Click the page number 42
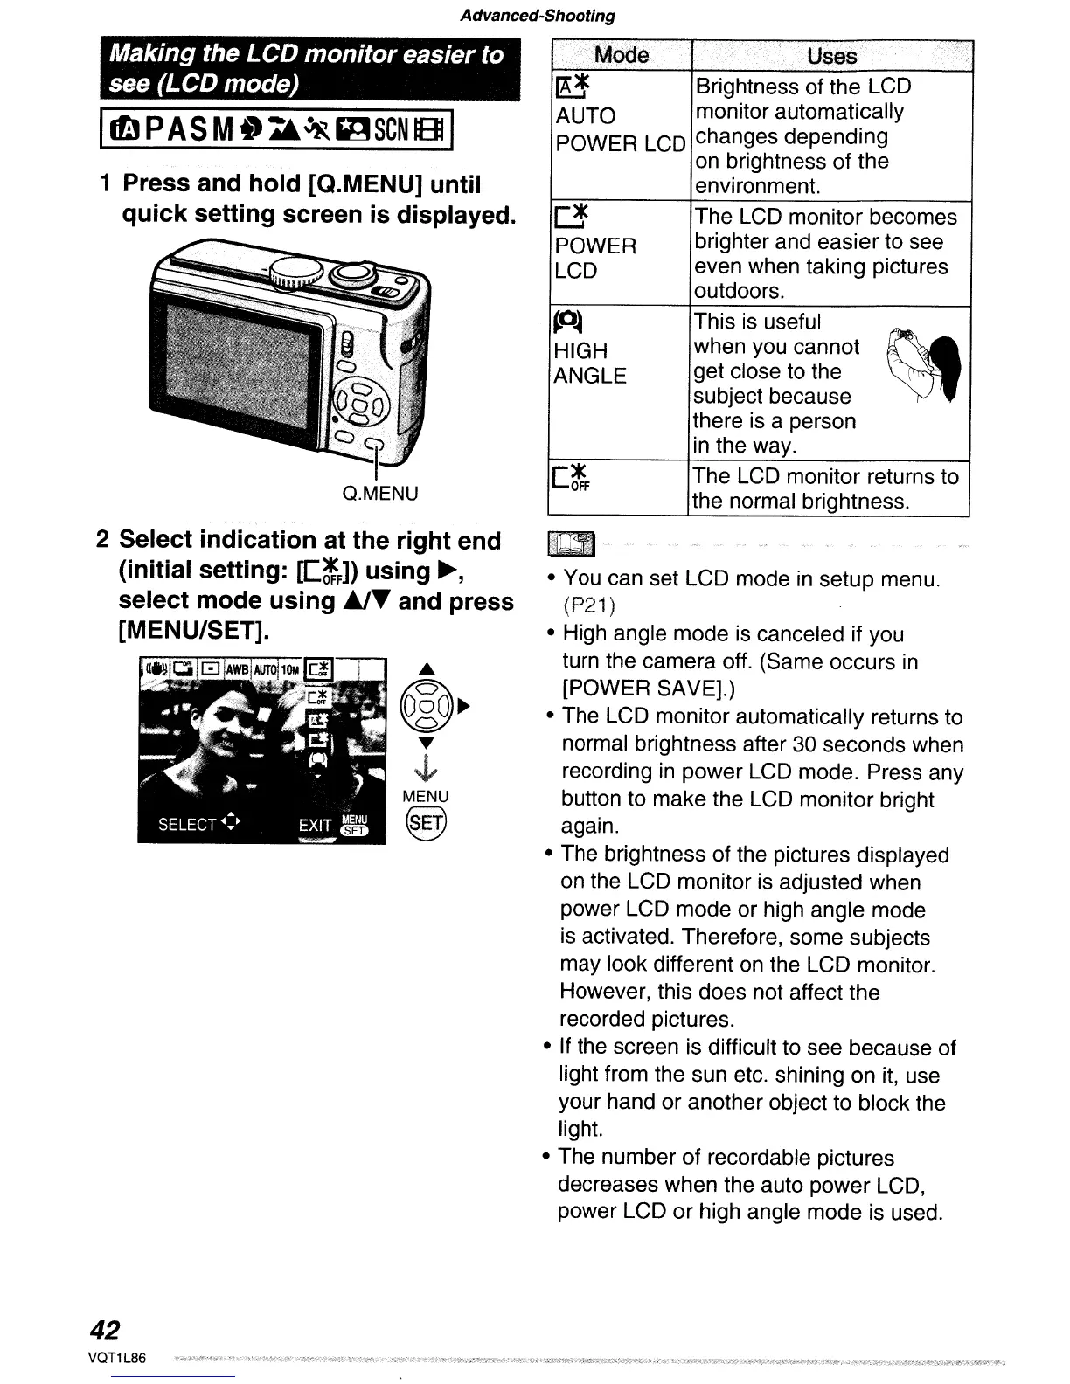(104, 1329)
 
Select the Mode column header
(621, 56)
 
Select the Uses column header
(831, 56)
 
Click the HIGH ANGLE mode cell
(591, 363)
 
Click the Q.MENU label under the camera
(380, 494)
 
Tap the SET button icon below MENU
(426, 822)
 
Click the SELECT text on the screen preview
(186, 824)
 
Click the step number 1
(105, 183)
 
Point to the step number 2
(102, 539)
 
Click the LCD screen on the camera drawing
(236, 355)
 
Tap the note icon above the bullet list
(571, 544)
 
